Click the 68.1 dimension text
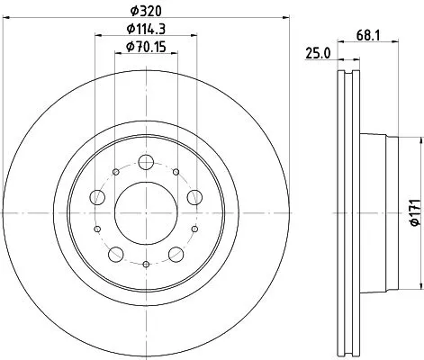tap(365, 37)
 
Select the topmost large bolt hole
tap(145, 164)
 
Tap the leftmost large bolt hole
tap(96, 198)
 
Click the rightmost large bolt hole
tap(194, 198)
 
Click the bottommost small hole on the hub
tap(145, 264)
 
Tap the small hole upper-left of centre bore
tap(115, 172)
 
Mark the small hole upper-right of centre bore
tap(176, 172)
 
